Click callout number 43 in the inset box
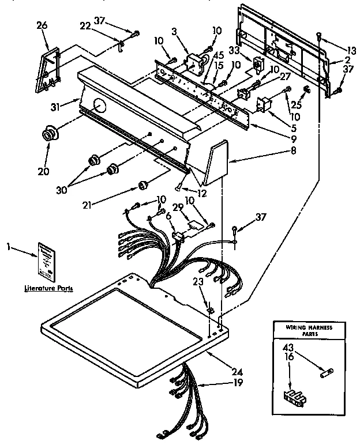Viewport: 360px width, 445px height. [288, 348]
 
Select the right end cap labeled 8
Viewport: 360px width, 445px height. [216, 163]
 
